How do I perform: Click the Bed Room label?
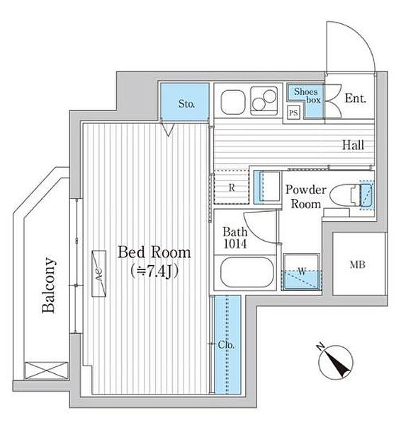tap(154, 252)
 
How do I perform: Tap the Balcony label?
tap(49, 285)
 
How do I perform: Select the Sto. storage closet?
tap(185, 101)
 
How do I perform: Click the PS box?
tap(293, 112)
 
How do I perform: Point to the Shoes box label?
tap(307, 96)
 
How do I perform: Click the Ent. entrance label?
tap(356, 98)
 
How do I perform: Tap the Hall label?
tap(353, 145)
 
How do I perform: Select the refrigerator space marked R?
tap(232, 187)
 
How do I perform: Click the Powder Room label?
tap(306, 196)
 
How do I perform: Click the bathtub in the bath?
tap(246, 272)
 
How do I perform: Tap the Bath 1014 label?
tap(235, 238)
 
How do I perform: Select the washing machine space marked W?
tap(302, 271)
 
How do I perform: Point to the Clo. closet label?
tap(226, 345)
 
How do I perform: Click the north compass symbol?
tap(335, 361)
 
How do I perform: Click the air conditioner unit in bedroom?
tap(98, 273)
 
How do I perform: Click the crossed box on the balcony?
tap(45, 370)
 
